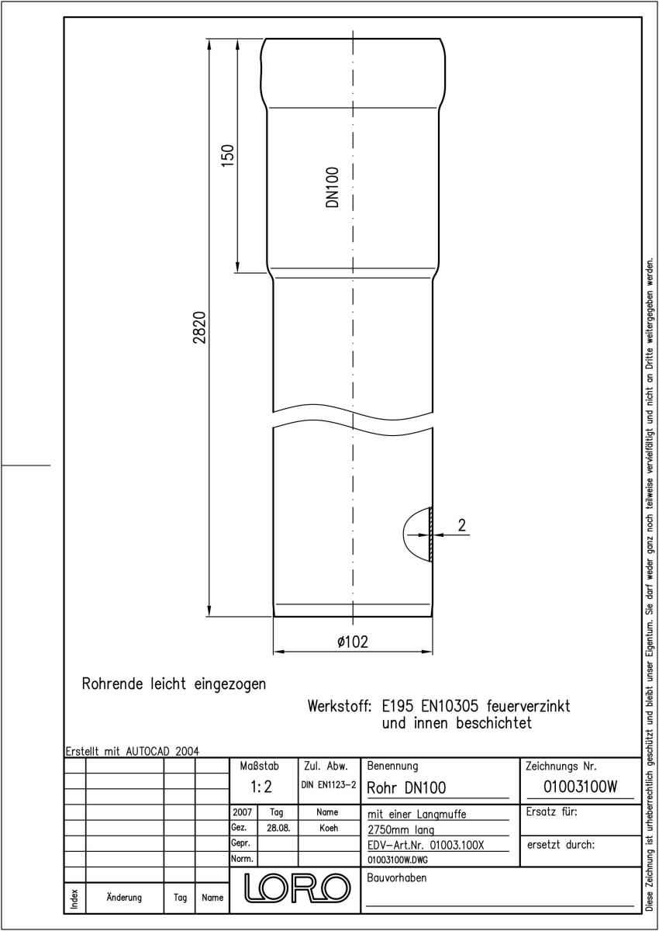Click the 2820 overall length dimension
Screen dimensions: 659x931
point(200,327)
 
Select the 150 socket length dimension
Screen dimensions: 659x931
point(228,155)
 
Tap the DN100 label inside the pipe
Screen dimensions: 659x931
point(332,187)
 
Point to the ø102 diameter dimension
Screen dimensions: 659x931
point(353,642)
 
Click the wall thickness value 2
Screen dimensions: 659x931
point(462,525)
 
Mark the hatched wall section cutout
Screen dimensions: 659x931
point(430,535)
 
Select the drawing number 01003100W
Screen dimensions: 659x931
point(580,787)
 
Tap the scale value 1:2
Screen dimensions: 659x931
point(261,787)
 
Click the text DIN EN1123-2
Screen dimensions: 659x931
point(329,785)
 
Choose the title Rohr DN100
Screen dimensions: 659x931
point(406,787)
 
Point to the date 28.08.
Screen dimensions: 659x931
point(278,828)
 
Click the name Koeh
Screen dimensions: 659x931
point(329,828)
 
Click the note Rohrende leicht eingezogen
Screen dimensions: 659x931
point(174,684)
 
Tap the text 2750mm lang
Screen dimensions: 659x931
point(401,830)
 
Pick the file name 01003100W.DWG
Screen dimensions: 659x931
point(398,860)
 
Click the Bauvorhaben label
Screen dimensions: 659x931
point(396,877)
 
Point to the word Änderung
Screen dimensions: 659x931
point(124,897)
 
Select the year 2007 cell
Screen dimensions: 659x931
point(242,812)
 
